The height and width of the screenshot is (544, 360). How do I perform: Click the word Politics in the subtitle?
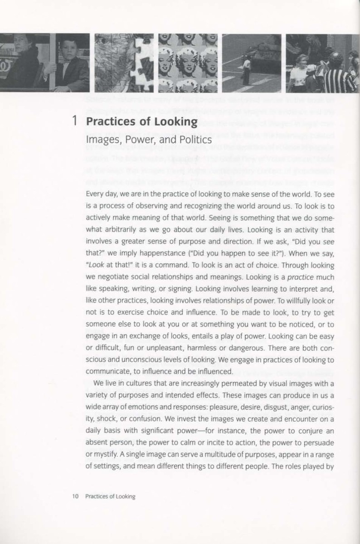click(x=195, y=140)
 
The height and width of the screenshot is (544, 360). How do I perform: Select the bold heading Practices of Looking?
click(x=141, y=121)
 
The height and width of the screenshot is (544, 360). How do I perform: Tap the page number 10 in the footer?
click(x=75, y=496)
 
